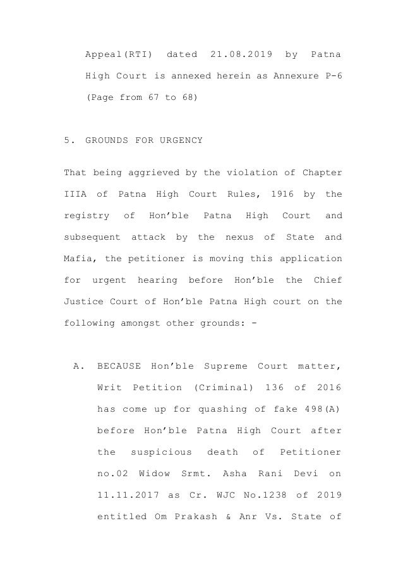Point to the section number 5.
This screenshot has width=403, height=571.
68,140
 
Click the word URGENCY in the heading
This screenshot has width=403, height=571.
181,140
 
